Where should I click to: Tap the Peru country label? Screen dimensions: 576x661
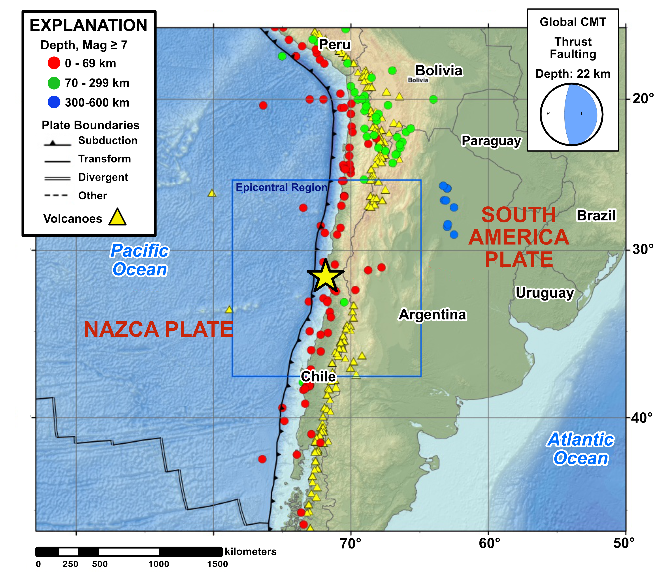pos(334,44)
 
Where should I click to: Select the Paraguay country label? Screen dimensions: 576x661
pos(491,141)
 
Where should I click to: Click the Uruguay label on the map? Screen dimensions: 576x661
pos(544,293)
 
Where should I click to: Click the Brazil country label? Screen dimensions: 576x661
pos(596,215)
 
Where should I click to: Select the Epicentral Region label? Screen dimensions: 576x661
pos(281,187)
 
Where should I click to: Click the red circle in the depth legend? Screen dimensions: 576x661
pos(54,63)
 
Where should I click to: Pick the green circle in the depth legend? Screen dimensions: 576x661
pos(54,83)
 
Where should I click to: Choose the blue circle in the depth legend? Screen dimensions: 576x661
pos(54,102)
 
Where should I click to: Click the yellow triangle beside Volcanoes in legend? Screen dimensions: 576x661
pos(117,217)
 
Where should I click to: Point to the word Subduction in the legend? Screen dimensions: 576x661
pos(108,141)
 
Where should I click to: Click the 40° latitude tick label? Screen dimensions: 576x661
pos(642,418)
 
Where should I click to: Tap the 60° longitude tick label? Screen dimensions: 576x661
pos(489,543)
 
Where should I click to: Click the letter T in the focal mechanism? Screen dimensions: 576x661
pos(581,113)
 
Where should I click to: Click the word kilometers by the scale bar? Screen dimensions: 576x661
pos(251,552)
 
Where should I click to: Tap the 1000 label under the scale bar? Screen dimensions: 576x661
pos(159,564)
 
